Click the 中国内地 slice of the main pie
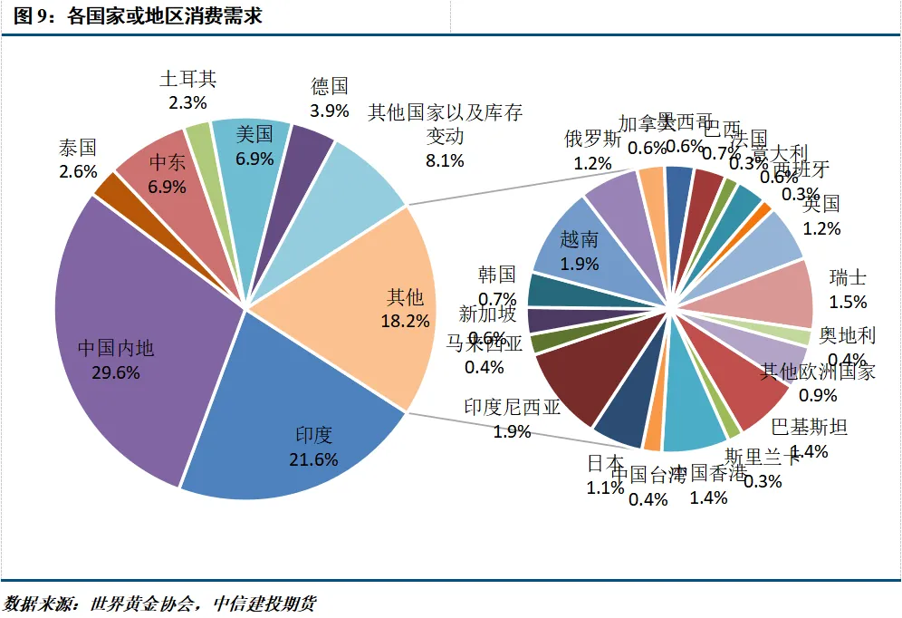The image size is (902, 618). tap(127, 353)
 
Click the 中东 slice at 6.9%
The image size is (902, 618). tap(163, 172)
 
